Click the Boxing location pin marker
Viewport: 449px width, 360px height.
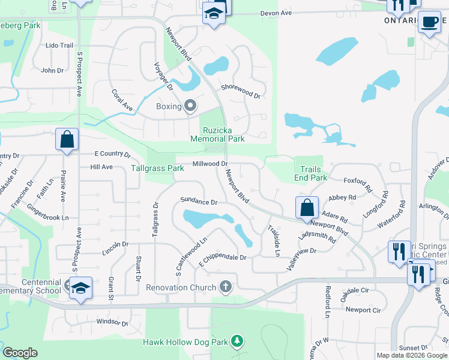[x=190, y=106]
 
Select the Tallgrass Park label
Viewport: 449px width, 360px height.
[x=157, y=169]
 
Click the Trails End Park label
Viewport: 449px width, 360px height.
[x=310, y=173]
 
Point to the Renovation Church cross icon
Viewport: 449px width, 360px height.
[x=226, y=287]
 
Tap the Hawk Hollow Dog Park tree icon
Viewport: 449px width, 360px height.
[x=238, y=342]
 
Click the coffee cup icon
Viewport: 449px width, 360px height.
[x=429, y=22]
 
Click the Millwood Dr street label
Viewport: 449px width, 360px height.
[x=210, y=164]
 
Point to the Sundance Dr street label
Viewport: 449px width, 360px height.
[x=198, y=202]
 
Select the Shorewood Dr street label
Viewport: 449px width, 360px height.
[x=240, y=91]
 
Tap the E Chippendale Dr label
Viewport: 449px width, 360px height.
[x=222, y=257]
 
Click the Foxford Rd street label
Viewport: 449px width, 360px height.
[x=358, y=180]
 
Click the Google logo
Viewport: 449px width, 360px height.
[x=20, y=353]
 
